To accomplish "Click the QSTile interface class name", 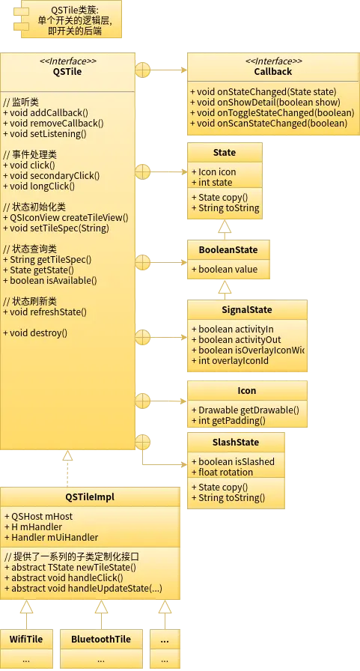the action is (x=67, y=71).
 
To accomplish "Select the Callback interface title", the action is (x=272, y=71).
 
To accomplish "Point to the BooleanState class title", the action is (x=228, y=250).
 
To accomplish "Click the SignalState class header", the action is (x=247, y=310).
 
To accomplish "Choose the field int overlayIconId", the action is (x=230, y=361).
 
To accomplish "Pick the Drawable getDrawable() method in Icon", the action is (x=245, y=410).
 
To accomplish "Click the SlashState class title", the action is (x=236, y=443).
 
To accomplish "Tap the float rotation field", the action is (x=222, y=472).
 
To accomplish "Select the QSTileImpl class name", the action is (x=90, y=497).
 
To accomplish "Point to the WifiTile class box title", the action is (x=26, y=640).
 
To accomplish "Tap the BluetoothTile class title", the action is (x=101, y=640).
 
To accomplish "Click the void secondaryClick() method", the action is (x=52, y=176).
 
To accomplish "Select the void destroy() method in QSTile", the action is (x=35, y=333).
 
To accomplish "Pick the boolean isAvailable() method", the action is (x=50, y=281).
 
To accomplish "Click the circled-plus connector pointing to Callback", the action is (x=143, y=70).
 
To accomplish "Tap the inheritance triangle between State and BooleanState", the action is (x=225, y=227).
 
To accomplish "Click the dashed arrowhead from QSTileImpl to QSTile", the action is (x=67, y=455).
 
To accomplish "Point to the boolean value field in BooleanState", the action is (x=225, y=270).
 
